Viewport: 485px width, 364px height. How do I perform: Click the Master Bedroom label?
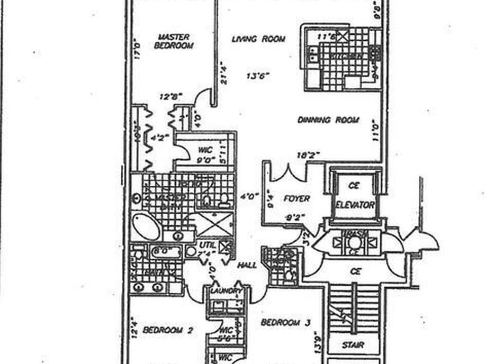pos(173,41)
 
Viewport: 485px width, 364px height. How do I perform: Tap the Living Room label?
pos(258,39)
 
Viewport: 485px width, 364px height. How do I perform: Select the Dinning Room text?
pos(328,120)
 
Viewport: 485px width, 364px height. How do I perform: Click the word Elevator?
pos(355,205)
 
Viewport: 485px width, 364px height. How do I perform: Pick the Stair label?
pos(353,345)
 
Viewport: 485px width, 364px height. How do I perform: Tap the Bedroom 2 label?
pos(167,330)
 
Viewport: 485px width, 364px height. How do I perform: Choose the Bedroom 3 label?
pos(286,323)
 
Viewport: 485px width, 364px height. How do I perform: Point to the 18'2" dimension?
pos(308,155)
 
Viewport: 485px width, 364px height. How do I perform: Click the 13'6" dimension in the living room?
pos(258,76)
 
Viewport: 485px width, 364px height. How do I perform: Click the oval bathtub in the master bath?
pos(146,227)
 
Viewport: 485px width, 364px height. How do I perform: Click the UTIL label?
pos(207,245)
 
